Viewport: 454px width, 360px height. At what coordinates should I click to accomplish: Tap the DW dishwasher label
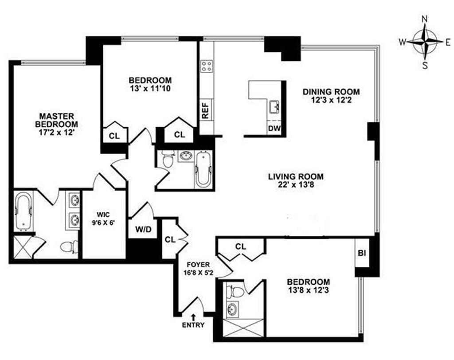[x=274, y=128]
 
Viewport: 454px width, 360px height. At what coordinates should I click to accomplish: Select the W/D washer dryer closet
[x=143, y=229]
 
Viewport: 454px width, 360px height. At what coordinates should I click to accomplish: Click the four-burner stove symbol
[x=207, y=66]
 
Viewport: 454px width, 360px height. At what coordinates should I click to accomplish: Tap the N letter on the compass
[x=425, y=20]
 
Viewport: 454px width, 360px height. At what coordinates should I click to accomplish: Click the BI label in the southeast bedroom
[x=362, y=253]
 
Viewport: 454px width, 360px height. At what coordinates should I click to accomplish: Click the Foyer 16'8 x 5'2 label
[x=198, y=269]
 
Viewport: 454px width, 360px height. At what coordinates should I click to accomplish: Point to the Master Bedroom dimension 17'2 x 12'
[x=57, y=133]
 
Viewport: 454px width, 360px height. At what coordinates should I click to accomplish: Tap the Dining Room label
[x=331, y=92]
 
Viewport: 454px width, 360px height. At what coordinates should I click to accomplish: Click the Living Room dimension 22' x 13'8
[x=295, y=184]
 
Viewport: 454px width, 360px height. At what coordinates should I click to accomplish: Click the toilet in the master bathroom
[x=70, y=247]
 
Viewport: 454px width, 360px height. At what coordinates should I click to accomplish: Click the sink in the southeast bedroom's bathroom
[x=232, y=309]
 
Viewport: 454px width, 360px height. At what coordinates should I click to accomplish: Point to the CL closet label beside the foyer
[x=170, y=239]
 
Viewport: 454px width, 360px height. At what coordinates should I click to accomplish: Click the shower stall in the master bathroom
[x=23, y=247]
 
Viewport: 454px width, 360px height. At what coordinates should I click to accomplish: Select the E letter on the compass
[x=448, y=43]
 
